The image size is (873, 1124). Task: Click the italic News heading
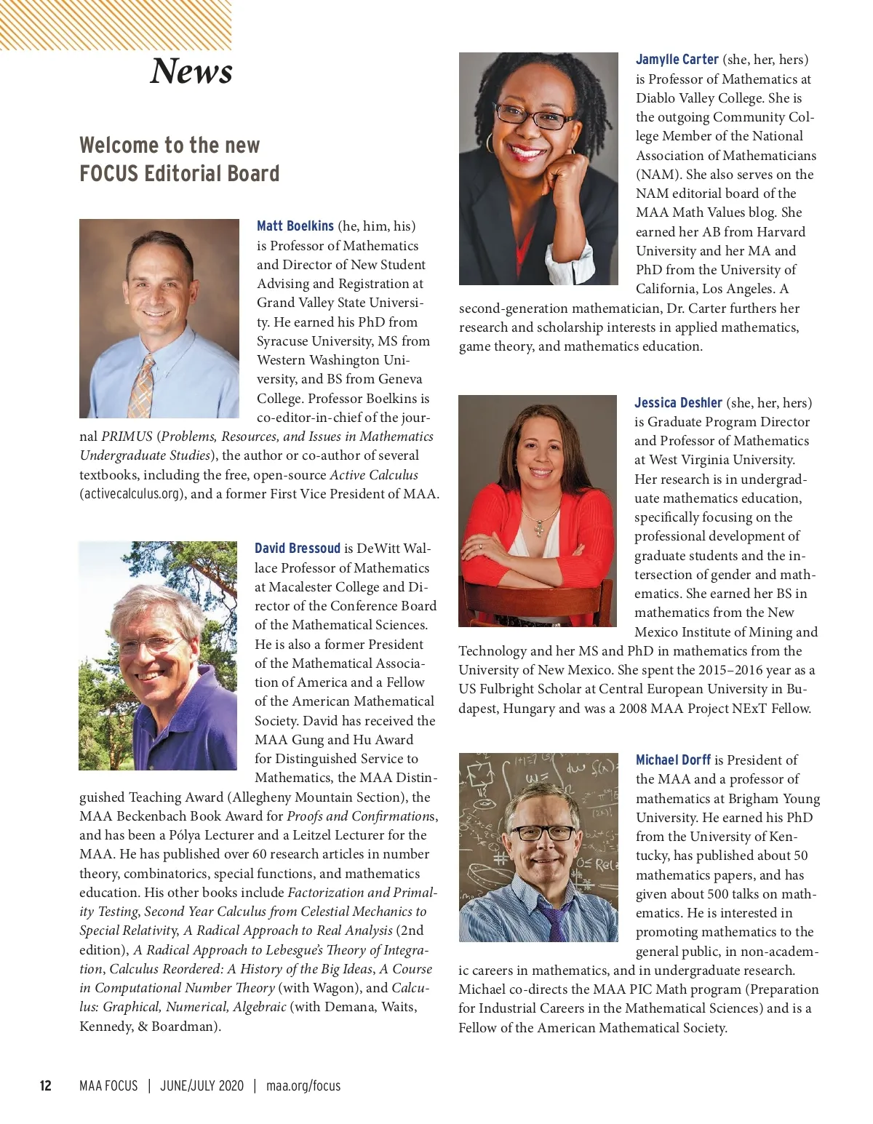[x=191, y=71]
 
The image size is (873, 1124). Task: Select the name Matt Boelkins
[x=295, y=226]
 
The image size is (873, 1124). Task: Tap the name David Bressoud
[x=297, y=549]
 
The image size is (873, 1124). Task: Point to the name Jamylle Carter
[x=677, y=60]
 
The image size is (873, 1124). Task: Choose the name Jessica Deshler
[x=678, y=403]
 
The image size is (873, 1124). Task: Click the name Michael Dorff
[x=673, y=760]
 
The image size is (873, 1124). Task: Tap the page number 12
[x=45, y=1086]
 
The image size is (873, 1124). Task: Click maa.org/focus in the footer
[x=303, y=1086]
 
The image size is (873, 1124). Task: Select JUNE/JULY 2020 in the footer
[x=202, y=1086]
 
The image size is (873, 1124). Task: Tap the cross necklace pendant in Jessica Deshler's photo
[x=539, y=528]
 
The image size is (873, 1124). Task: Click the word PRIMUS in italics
[x=127, y=437]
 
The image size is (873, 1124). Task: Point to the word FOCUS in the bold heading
[x=109, y=174]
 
